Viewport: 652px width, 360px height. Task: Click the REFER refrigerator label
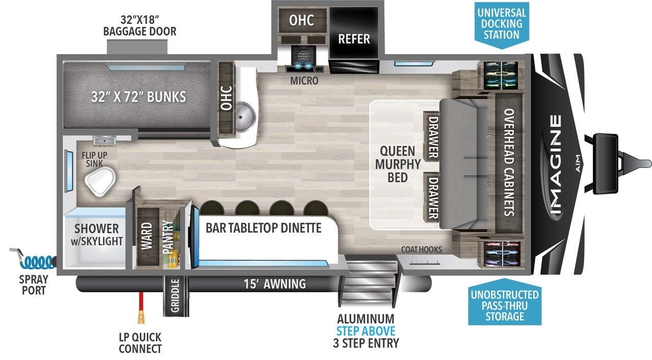point(354,39)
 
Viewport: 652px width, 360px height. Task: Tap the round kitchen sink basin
point(244,117)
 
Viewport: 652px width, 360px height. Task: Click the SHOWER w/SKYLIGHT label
point(97,235)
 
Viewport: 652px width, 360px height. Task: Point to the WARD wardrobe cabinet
point(148,236)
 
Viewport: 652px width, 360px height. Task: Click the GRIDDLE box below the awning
point(176,296)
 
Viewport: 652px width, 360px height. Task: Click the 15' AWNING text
point(275,284)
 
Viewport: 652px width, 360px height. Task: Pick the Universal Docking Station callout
point(502,24)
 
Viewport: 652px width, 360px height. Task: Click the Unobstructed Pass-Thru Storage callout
point(505,302)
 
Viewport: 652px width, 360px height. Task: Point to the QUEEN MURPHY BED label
point(398,164)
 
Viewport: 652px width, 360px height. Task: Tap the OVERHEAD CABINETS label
point(509,162)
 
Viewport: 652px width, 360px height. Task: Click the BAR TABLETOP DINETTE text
point(263,228)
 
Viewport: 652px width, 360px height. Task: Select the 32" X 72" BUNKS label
point(138,97)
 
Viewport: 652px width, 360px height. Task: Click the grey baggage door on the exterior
point(137,47)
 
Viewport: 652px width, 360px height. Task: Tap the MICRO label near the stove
point(304,80)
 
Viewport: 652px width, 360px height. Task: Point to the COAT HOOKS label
point(421,250)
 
